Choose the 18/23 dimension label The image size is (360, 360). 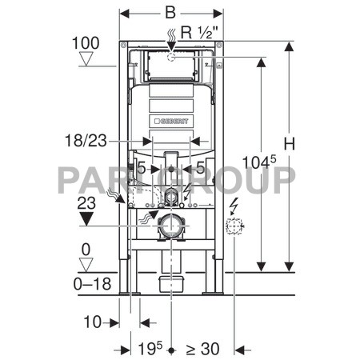point(85,140)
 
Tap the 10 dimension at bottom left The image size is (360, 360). point(92,322)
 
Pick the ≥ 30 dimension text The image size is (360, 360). point(202,349)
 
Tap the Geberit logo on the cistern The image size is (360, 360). point(170,122)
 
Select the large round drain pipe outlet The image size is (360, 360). point(171,227)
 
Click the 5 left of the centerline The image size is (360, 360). point(142,169)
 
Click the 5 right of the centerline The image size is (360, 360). point(200,169)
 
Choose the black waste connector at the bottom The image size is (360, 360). point(171,281)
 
